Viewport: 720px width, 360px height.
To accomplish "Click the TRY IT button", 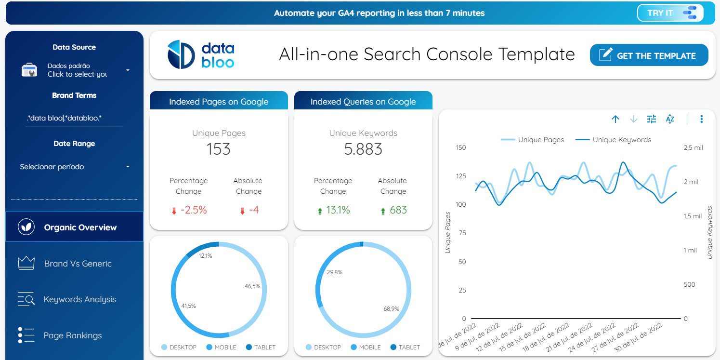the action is [x=670, y=13].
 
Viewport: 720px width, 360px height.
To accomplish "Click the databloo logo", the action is [x=201, y=54].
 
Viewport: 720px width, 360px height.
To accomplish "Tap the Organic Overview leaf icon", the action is [x=26, y=227].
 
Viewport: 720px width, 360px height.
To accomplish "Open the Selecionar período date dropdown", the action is [x=75, y=167].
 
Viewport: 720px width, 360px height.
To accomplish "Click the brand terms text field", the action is [x=74, y=118].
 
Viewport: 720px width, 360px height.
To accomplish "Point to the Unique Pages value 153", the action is [x=219, y=149].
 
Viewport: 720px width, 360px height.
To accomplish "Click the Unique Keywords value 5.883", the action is [x=363, y=149].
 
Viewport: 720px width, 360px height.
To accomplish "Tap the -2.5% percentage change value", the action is [x=194, y=210].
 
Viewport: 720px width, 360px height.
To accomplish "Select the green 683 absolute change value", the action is [x=398, y=210].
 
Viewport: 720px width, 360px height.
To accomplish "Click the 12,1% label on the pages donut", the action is [x=205, y=256].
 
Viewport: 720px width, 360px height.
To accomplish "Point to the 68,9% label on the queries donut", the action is [x=391, y=309].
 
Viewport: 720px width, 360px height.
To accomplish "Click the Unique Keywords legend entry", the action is [x=613, y=140].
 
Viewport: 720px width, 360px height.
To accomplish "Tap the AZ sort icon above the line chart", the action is [x=670, y=119].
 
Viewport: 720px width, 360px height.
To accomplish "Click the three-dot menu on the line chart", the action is [x=701, y=119].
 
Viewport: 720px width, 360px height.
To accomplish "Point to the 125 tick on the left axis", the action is [x=461, y=176].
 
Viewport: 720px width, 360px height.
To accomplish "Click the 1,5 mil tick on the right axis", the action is [x=693, y=216].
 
